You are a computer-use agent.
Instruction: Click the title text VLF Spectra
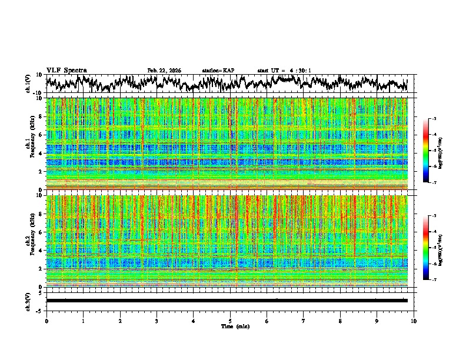click(66, 70)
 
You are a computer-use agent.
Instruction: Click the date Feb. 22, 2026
click(164, 71)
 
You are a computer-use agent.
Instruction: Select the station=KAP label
click(218, 71)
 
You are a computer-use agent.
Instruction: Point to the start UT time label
click(284, 71)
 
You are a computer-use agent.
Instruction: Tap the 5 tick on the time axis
click(230, 321)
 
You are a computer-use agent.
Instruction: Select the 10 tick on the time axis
click(414, 321)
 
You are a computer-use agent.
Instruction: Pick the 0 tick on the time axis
click(46, 321)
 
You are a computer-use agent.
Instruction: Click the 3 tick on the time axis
click(157, 321)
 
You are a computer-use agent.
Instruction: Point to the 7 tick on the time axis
click(304, 321)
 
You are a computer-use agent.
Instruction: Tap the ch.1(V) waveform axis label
click(28, 84)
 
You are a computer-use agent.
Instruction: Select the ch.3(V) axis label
click(28, 301)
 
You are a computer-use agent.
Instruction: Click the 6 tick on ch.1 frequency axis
click(41, 135)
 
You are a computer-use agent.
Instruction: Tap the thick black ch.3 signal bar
click(227, 301)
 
